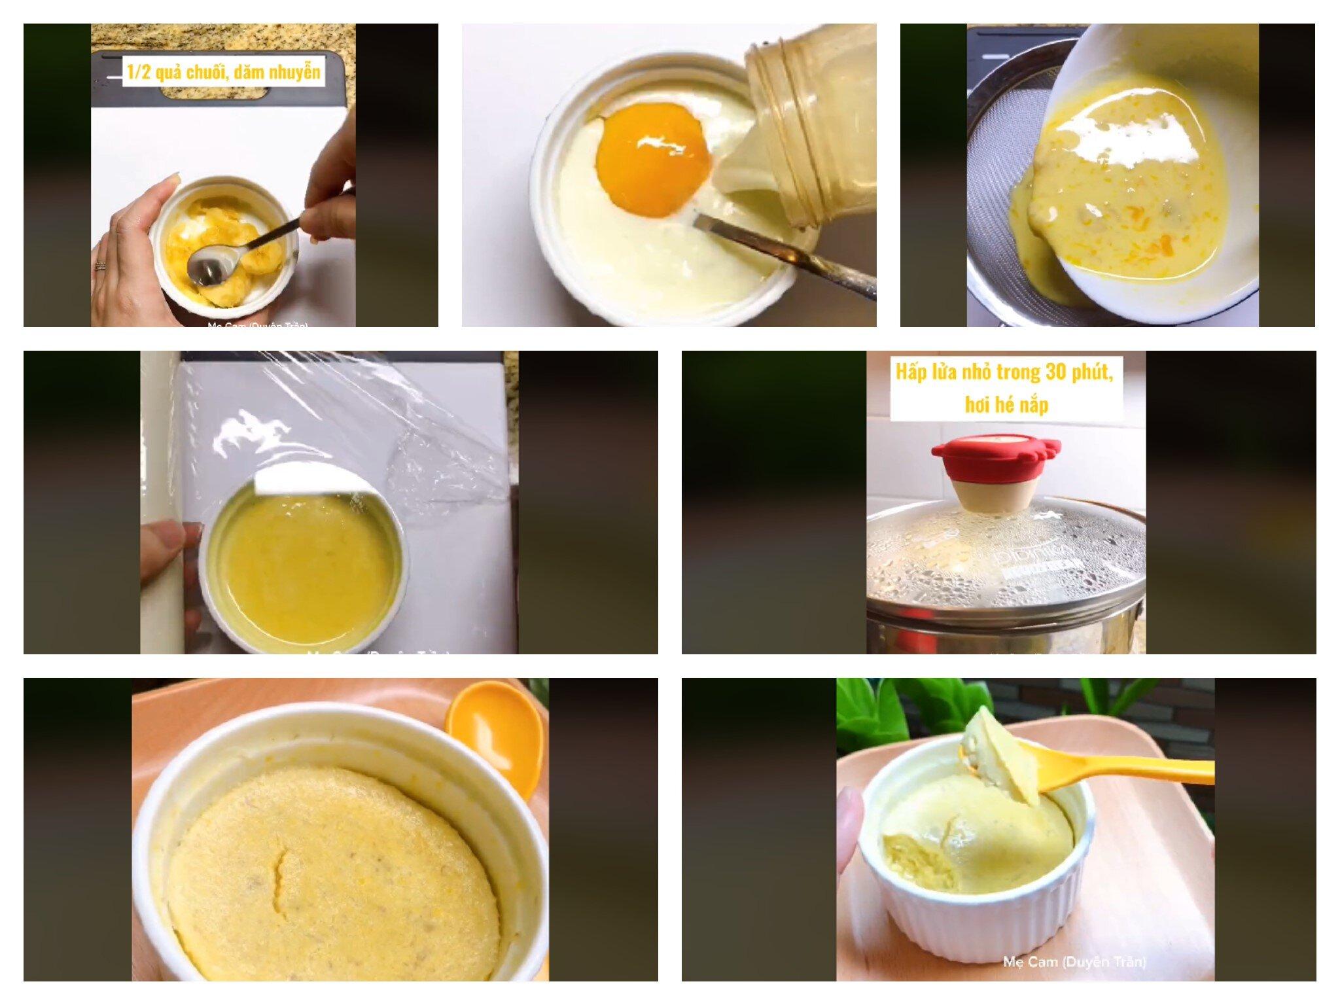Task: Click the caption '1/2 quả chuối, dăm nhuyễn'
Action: [x=224, y=71]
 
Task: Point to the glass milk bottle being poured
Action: [x=811, y=124]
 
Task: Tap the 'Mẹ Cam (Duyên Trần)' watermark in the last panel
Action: [x=1074, y=962]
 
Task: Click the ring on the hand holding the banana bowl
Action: [x=100, y=266]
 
